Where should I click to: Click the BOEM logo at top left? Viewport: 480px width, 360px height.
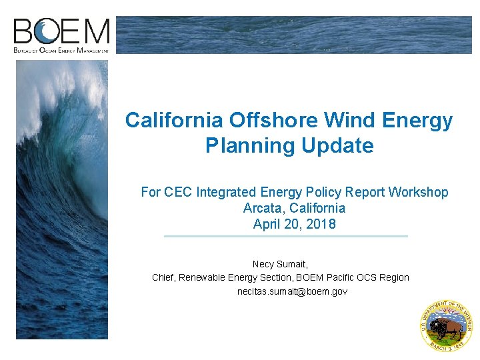[x=61, y=35]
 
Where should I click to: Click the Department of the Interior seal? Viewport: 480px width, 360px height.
[x=446, y=325]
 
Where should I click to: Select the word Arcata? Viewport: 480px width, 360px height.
[x=265, y=208]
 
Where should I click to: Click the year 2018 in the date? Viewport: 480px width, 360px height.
[x=321, y=224]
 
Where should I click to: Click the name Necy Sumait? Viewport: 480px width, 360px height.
[x=280, y=264]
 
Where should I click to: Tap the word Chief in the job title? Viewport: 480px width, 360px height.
[x=165, y=277]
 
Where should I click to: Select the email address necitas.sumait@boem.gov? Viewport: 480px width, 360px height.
[x=293, y=291]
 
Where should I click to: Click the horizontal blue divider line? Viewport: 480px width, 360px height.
[x=285, y=236]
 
